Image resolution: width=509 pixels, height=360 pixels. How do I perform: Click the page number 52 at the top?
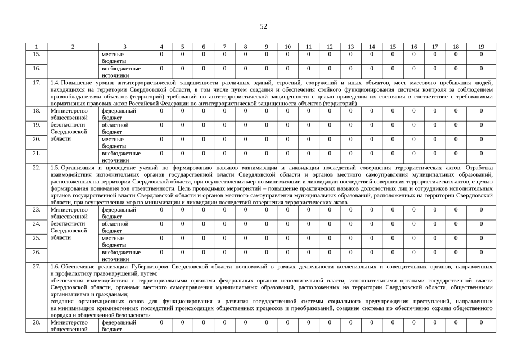[263, 26]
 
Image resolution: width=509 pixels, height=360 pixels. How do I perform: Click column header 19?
[481, 47]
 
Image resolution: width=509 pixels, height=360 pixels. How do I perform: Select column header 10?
[287, 47]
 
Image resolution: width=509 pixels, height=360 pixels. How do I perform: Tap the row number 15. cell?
[37, 54]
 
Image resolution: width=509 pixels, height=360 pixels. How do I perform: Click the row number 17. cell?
[37, 83]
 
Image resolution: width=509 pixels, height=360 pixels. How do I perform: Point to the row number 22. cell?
[37, 168]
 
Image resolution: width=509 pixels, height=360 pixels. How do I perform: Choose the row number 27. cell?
[37, 266]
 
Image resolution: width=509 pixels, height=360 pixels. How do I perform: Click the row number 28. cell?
[37, 323]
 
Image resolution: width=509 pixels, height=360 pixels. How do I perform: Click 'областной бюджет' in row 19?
[115, 128]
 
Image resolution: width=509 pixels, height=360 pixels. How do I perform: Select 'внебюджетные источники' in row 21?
[121, 156]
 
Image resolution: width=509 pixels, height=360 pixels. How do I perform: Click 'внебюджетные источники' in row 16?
[121, 71]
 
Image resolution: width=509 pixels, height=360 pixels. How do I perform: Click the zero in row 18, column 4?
[161, 111]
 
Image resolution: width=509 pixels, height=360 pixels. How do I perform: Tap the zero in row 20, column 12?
[329, 139]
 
